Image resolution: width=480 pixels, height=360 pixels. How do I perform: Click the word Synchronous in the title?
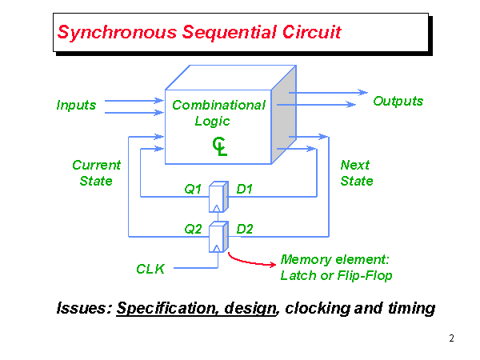106,33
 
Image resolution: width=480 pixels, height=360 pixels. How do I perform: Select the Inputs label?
76,105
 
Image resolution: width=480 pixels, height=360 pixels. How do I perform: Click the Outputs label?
398,101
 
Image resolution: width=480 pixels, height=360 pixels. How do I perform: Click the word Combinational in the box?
218,105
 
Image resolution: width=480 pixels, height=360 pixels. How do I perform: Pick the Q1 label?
193,190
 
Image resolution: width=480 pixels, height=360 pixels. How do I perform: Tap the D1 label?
245,190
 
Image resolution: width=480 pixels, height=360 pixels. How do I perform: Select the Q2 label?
193,229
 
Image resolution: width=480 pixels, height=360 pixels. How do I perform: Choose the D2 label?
245,229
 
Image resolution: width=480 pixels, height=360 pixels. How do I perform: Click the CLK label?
150,270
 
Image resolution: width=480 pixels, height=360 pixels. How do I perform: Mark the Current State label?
96,173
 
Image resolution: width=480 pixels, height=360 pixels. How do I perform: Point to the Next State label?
356,173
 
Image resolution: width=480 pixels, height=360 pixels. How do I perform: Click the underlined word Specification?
165,308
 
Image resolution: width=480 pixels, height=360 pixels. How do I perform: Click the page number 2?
451,338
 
